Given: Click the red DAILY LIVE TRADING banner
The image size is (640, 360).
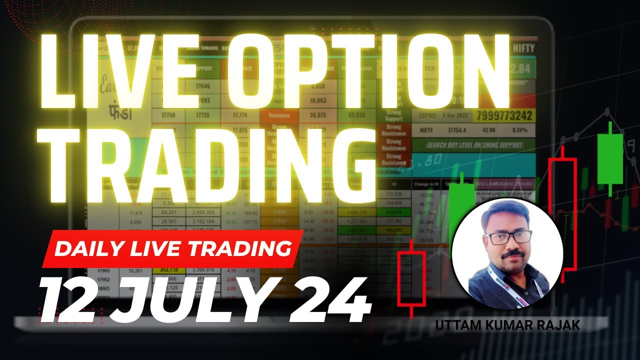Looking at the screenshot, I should pos(172,248).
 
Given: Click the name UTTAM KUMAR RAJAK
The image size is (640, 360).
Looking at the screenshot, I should pos(507,325).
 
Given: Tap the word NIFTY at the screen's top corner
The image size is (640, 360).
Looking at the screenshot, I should pos(523,49).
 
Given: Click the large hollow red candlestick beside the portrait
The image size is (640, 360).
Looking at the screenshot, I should pos(562,215).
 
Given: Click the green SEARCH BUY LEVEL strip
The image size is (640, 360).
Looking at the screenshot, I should pos(472,145).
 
